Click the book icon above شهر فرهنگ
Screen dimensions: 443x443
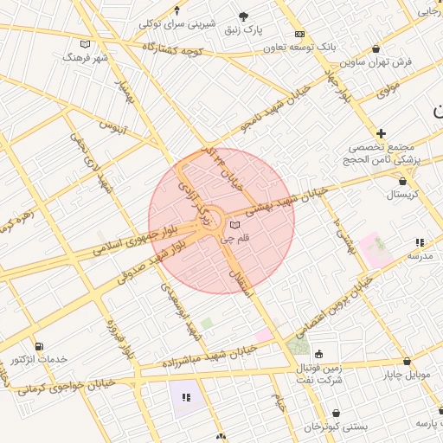84,44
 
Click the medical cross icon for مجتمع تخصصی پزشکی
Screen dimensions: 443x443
381,133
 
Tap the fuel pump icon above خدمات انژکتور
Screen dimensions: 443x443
33,344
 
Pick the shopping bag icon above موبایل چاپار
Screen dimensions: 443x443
407,362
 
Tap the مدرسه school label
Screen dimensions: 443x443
420,256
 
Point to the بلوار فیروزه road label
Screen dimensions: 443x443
119,339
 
